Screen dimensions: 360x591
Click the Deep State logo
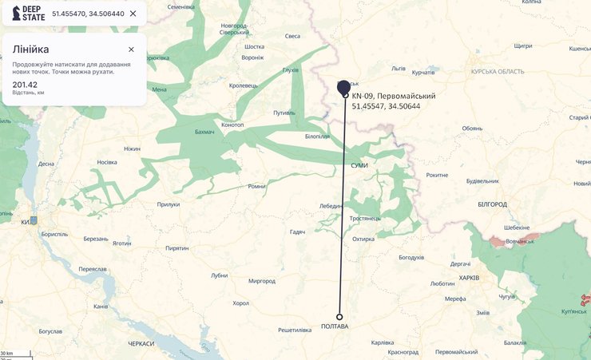click(x=27, y=14)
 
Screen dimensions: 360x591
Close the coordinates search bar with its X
click(x=133, y=14)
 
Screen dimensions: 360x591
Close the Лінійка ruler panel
click(x=131, y=49)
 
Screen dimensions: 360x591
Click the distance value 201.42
click(x=25, y=85)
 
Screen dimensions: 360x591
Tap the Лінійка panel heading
click(x=30, y=49)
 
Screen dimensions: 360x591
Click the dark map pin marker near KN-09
click(x=344, y=86)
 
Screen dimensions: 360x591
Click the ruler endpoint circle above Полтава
click(x=339, y=316)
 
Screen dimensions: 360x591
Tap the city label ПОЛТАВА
click(x=335, y=326)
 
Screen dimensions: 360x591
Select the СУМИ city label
click(x=359, y=164)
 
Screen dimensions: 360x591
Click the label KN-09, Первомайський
click(x=394, y=96)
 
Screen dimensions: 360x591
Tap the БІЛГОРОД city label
click(x=493, y=204)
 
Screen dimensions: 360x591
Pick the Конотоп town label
click(x=232, y=125)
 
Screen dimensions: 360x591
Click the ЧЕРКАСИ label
click(x=141, y=343)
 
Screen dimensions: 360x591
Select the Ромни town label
click(x=256, y=186)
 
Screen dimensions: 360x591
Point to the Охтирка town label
click(x=363, y=239)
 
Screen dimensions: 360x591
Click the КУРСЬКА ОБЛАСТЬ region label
click(x=498, y=72)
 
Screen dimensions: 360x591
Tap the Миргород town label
click(x=262, y=281)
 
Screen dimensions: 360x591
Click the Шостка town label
click(x=255, y=47)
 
